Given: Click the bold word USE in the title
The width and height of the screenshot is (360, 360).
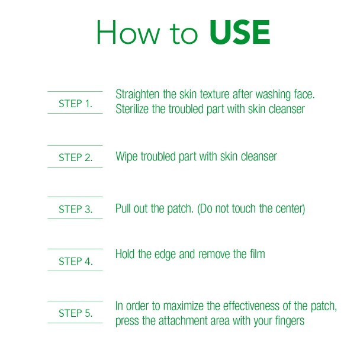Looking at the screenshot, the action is click(x=240, y=32).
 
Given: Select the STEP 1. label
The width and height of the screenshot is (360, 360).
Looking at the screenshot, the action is click(x=76, y=104).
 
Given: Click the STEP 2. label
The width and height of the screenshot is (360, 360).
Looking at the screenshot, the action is click(x=76, y=157).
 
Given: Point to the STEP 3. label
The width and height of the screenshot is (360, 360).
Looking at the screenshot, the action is click(x=76, y=209).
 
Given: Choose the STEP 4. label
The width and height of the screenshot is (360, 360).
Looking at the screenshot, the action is click(x=76, y=261).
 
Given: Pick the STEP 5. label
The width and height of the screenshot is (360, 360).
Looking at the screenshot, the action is click(x=76, y=313).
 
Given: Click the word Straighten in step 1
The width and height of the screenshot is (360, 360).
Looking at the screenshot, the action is click(x=137, y=95).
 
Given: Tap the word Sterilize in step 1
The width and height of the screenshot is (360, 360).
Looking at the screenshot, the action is click(x=132, y=109).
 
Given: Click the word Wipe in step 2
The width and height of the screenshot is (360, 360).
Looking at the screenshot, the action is click(x=126, y=157).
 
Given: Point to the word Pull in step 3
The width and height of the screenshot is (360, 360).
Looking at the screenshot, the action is click(x=123, y=208).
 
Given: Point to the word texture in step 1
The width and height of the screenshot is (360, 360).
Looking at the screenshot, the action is click(x=215, y=94).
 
